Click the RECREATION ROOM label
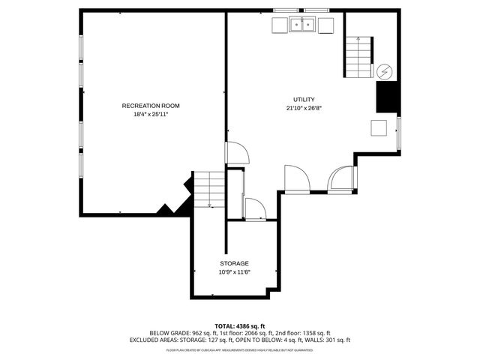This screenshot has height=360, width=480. coord(151,106)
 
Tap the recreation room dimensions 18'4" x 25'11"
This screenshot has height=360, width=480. coord(151,115)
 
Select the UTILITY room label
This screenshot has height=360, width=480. coord(304,99)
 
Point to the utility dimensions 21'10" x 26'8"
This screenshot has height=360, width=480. coord(304,108)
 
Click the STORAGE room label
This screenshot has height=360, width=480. coord(234,263)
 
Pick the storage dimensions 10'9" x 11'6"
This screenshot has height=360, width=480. coord(234,272)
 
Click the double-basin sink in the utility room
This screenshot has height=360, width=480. coord(303,25)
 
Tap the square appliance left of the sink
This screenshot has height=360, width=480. coord(279,25)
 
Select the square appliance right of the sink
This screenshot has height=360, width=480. coord(326,25)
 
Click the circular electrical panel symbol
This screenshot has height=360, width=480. coord(384,70)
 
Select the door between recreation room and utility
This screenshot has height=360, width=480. coord(238,153)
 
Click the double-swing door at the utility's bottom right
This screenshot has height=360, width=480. coord(341,179)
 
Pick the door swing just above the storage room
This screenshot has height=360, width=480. coord(255,209)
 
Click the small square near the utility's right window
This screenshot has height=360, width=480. coord(379,127)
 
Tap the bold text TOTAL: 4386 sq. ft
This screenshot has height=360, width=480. coord(240,326)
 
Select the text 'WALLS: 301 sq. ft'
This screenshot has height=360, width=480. coord(326,340)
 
